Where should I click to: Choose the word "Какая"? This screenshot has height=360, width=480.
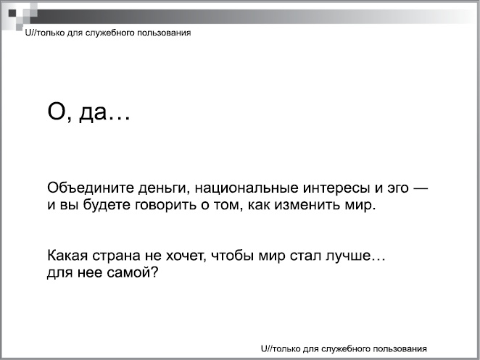tap(68, 257)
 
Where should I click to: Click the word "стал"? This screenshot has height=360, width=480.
tap(305, 257)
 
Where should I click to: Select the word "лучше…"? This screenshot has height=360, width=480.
tap(351, 257)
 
